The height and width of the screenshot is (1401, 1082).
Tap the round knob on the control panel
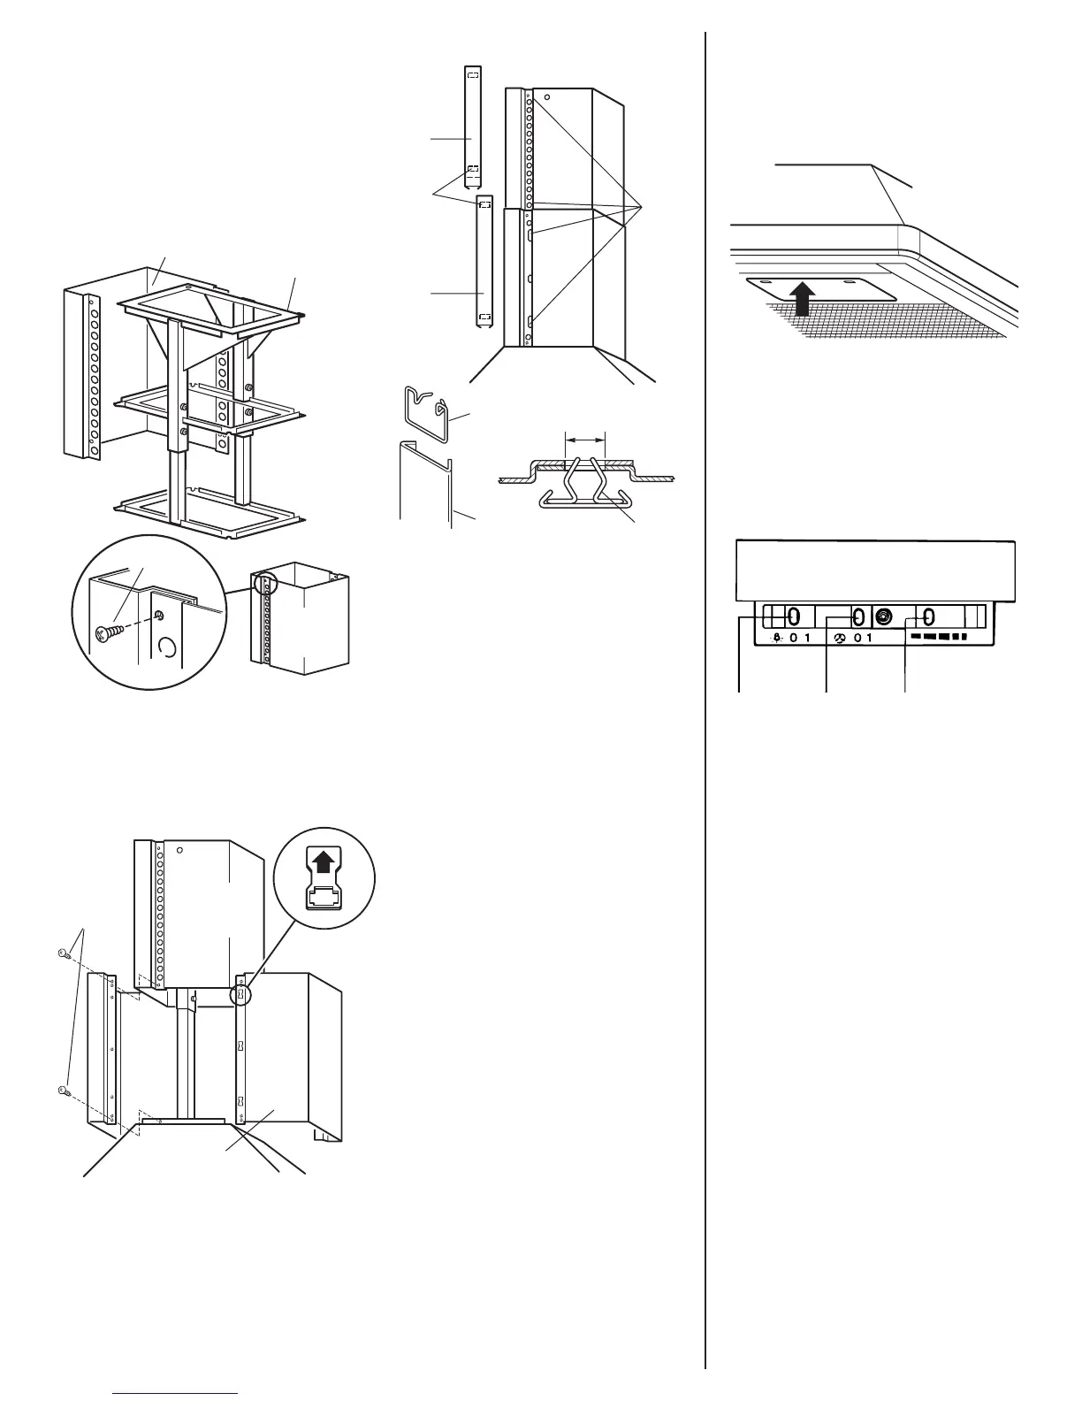(885, 616)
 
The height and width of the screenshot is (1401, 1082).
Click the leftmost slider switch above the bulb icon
(793, 616)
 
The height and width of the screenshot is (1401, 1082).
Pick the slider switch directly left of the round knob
(857, 616)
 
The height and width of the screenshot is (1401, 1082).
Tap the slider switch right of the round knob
(928, 616)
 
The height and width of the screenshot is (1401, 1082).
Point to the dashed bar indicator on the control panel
(939, 638)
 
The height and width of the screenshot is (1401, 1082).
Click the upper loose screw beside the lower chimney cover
(63, 953)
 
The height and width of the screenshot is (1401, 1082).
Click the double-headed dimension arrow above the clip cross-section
(585, 438)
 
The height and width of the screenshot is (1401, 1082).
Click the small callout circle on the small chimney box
(264, 584)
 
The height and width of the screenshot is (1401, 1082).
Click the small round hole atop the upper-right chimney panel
(548, 97)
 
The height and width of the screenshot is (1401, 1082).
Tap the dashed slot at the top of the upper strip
(473, 75)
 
